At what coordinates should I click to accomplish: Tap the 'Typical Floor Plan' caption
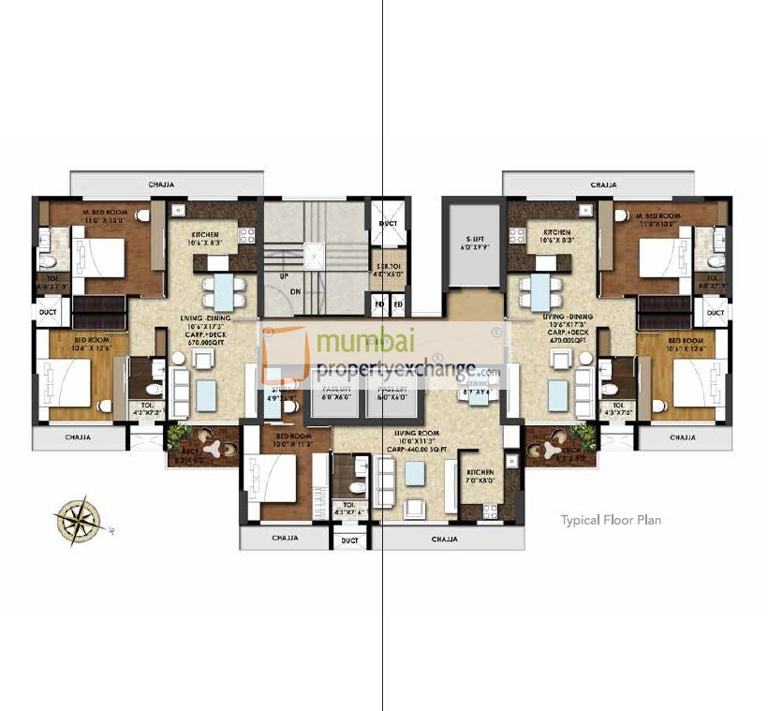tap(611, 519)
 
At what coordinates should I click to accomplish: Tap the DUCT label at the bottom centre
tap(349, 541)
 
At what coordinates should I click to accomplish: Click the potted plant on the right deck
tap(583, 434)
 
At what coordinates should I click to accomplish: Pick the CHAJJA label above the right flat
tap(603, 185)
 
